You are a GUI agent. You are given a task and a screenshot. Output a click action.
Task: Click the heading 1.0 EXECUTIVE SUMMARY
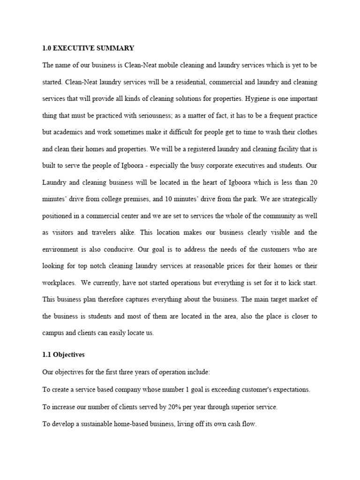click(88, 48)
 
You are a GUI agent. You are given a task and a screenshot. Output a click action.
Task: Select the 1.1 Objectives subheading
click(63, 355)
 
